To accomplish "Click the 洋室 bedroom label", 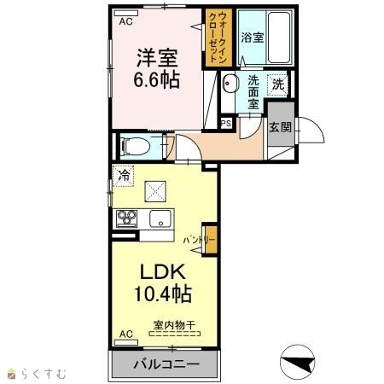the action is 157,58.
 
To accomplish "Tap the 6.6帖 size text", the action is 157,79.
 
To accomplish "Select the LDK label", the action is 163,272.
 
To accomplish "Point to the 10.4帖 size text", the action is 163,294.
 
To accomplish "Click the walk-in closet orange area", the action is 218,38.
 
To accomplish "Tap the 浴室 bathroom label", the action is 253,38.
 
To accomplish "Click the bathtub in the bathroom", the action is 280,37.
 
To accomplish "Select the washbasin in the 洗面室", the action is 228,84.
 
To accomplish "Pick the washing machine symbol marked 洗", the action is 278,84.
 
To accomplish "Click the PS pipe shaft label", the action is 226,124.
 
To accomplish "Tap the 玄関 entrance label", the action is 281,127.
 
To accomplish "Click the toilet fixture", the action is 136,147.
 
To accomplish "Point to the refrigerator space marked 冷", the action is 123,176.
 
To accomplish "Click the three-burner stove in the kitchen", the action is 127,218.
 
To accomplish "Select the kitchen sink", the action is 160,218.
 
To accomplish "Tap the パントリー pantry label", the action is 199,241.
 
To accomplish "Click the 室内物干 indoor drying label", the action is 175,324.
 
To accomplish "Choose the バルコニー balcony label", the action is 166,364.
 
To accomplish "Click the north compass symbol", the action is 298,363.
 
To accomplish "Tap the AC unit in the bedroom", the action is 125,13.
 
